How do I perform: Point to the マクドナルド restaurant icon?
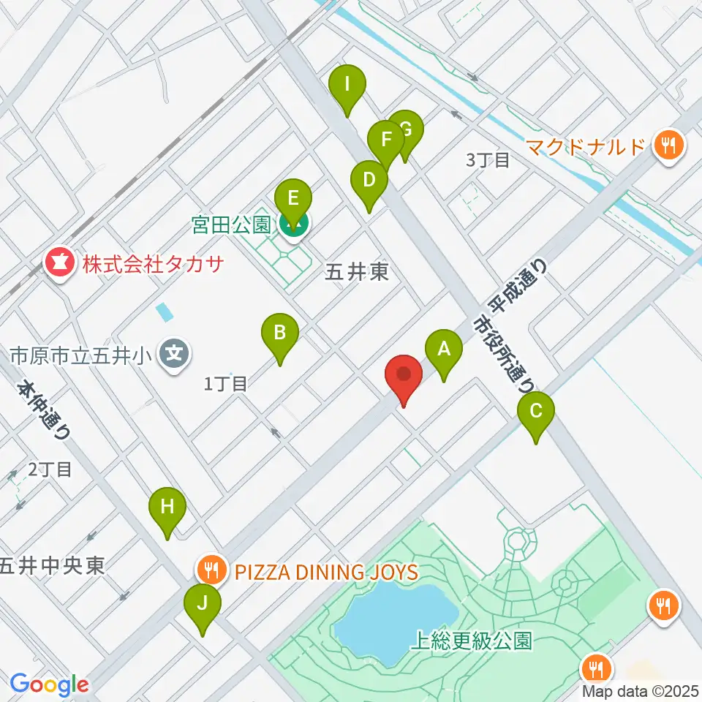[668, 145]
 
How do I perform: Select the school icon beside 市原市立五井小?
[174, 355]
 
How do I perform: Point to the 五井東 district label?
[356, 273]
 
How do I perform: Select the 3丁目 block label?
[488, 160]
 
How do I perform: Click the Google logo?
[49, 685]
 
